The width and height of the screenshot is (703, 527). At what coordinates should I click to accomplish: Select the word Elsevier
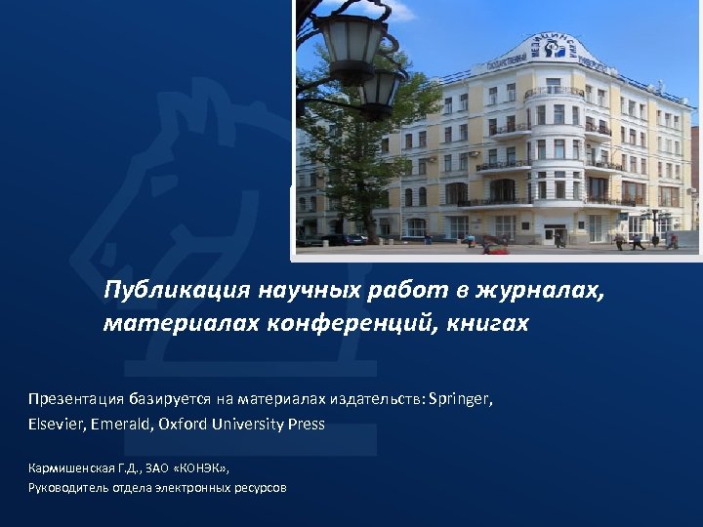click(58, 425)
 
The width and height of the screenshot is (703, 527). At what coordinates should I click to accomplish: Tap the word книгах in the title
click(488, 324)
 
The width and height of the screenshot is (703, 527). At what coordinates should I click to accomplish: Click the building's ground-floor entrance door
click(554, 233)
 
